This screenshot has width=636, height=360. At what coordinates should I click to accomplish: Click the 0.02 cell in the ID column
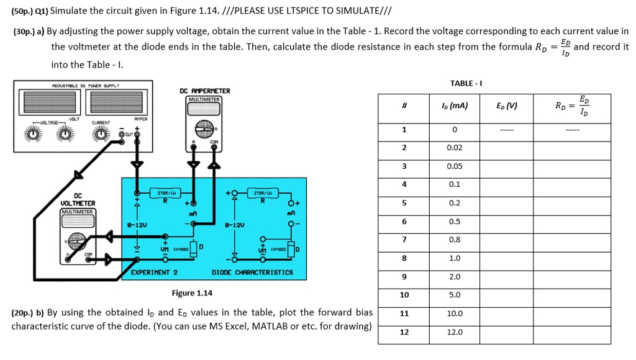[x=455, y=148]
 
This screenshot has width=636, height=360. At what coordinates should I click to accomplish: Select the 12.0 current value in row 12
[x=455, y=332]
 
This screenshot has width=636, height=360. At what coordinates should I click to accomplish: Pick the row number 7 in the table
[x=404, y=240]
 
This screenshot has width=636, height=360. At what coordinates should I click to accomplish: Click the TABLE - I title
[x=466, y=83]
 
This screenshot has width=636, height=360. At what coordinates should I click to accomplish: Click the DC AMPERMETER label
[x=205, y=91]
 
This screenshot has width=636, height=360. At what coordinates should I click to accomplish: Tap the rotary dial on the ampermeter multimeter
[x=206, y=128]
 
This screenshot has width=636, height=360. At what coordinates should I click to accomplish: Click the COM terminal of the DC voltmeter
[x=86, y=255]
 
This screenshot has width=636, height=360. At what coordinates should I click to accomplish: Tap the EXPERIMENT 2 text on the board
[x=155, y=272]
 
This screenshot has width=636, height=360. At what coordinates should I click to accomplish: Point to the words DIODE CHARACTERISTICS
[x=253, y=272]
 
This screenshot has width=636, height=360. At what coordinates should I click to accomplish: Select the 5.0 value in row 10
[x=455, y=295]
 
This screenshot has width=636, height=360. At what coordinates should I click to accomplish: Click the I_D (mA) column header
[x=455, y=106]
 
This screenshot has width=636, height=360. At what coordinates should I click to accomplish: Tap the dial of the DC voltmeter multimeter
[x=77, y=239]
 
